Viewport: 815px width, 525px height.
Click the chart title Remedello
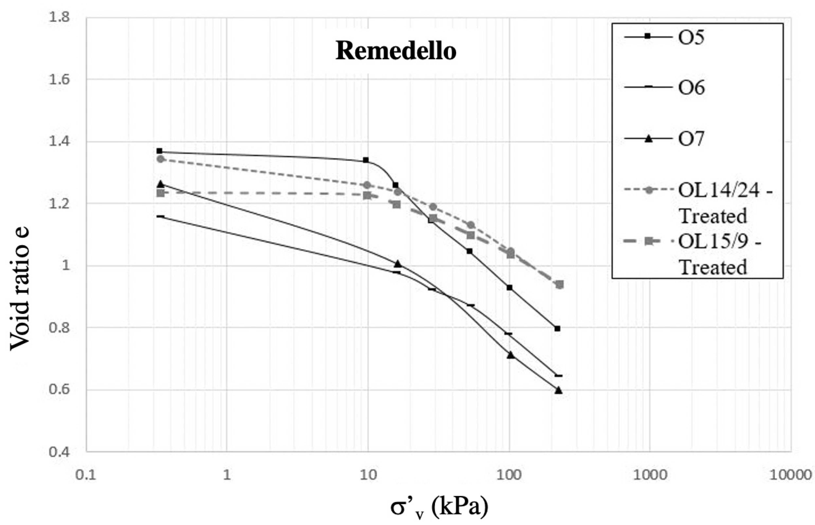[x=396, y=51]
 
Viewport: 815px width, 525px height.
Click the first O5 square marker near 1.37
[x=159, y=151]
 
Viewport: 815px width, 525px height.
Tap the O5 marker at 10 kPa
[x=366, y=160]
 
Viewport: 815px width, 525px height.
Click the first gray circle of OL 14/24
[x=161, y=159]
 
